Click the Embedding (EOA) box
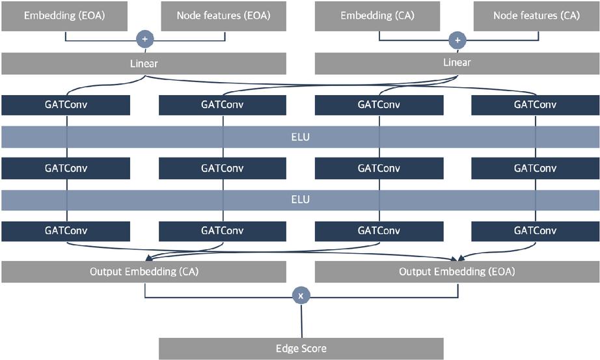64,16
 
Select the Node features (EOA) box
223,16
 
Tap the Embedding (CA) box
379,16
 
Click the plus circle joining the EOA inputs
144,40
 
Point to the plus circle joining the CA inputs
457,40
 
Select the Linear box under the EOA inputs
144,64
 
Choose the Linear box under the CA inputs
457,64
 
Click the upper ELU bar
300,137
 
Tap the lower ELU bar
300,200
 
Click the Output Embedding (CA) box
144,271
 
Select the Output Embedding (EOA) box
457,271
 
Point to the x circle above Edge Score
301,296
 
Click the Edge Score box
301,348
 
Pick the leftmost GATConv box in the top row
66,105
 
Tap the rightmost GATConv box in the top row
535,105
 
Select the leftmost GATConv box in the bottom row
66,231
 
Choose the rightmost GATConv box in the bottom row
535,231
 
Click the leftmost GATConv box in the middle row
66,169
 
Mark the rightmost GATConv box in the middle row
535,169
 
